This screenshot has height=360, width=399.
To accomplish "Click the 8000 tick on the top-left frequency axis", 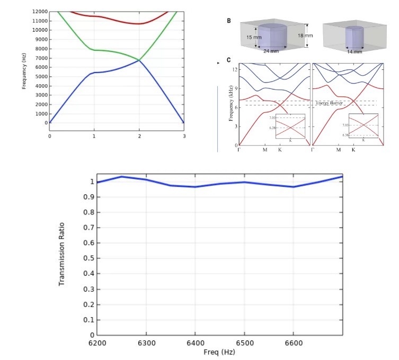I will coord(40,49).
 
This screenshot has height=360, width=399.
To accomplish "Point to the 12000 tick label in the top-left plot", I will coord(39,12).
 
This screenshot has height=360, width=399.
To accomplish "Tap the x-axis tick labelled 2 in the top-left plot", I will coord(139,136).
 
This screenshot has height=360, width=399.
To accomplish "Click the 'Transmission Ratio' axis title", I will coord(61,254).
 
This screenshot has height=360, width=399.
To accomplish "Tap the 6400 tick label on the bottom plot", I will coord(195,343).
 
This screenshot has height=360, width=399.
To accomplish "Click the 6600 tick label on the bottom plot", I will coord(293,343).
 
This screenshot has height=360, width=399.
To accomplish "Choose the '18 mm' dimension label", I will coord(305,36).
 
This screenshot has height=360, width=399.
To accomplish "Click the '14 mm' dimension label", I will coord(354,52).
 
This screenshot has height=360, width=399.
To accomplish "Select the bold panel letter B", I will coord(229,21).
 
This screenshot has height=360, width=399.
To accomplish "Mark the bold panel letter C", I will coord(229,60).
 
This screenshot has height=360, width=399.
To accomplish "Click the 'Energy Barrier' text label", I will coord(329,103).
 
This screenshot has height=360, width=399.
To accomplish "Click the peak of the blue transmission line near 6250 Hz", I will coord(121,177).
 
